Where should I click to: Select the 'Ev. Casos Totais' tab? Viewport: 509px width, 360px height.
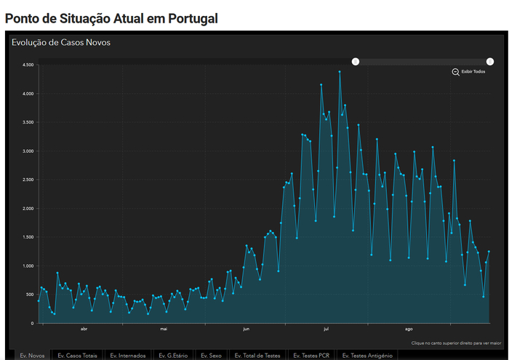pyautogui.click(x=78, y=355)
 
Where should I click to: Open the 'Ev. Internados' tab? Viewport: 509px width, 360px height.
pyautogui.click(x=128, y=355)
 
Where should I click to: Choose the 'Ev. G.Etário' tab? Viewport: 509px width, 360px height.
pyautogui.click(x=173, y=355)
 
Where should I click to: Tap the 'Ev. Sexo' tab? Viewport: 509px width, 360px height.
pyautogui.click(x=211, y=355)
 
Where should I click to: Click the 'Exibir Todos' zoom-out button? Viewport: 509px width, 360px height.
pyautogui.click(x=468, y=72)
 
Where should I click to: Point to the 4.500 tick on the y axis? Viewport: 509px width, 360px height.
pyautogui.click(x=28, y=65)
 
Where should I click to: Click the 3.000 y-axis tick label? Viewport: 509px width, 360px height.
pyautogui.click(x=28, y=151)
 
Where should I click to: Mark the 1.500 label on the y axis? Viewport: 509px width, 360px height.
pyautogui.click(x=28, y=237)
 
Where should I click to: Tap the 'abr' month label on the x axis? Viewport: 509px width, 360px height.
pyautogui.click(x=84, y=329)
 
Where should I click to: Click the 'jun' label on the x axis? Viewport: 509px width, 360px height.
pyautogui.click(x=247, y=329)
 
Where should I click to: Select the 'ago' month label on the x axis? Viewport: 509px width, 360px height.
pyautogui.click(x=409, y=329)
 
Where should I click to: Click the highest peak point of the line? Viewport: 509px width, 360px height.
pyautogui.click(x=339, y=71)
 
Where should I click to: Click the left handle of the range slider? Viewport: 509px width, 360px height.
pyautogui.click(x=356, y=62)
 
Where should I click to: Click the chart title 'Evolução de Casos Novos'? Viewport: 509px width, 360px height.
pyautogui.click(x=61, y=42)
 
